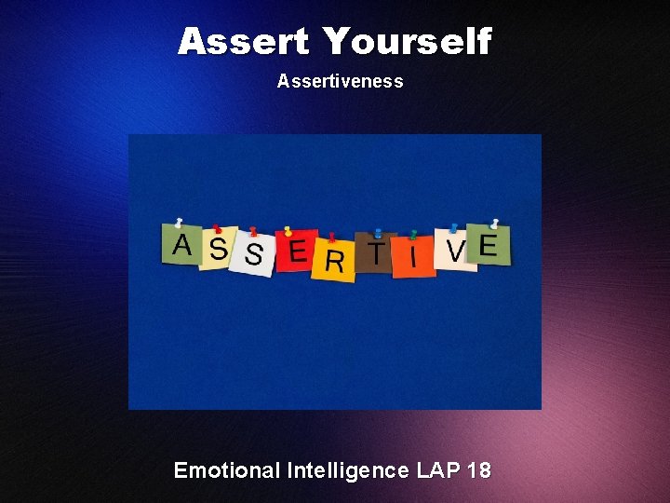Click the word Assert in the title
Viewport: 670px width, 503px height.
pos(244,42)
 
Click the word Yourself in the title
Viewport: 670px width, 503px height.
pos(408,42)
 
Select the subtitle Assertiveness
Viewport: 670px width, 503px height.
pos(340,81)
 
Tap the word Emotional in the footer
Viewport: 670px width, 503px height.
pos(226,470)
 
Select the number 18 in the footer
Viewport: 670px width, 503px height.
pos(479,470)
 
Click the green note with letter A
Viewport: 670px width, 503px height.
pos(181,246)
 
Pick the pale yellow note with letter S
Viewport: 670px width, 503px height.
pos(218,250)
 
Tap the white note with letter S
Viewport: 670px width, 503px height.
pos(251,254)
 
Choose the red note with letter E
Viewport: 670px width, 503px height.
pos(297,251)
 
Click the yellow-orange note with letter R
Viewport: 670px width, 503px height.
pos(333,260)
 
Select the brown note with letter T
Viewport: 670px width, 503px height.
pos(376,253)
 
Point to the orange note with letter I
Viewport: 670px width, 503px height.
pos(414,256)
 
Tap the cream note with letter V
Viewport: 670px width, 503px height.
pos(455,251)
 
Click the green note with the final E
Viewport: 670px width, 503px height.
pos(489,245)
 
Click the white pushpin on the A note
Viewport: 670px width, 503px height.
pos(179,224)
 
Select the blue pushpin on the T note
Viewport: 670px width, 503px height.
pos(377,233)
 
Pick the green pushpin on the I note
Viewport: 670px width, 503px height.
pos(413,234)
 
